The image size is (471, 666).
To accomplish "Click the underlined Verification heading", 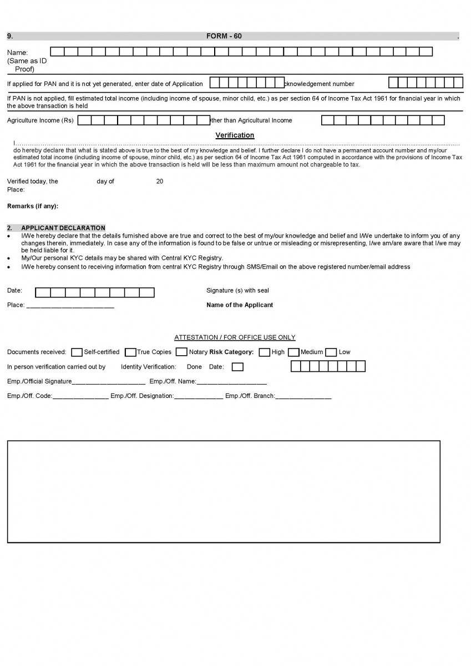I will click(x=235, y=135).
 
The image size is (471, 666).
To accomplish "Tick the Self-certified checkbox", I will click(x=77, y=352).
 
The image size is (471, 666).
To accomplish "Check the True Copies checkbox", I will click(x=130, y=352).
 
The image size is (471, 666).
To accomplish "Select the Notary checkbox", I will click(x=181, y=352).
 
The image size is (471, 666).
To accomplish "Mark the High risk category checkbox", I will click(x=265, y=352).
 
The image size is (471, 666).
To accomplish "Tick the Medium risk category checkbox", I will click(x=293, y=352).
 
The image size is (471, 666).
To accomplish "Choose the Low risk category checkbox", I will click(x=331, y=352).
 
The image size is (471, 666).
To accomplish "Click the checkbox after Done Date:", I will click(x=237, y=367).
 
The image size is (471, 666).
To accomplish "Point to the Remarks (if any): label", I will click(x=33, y=206).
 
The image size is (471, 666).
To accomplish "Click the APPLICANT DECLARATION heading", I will click(x=63, y=228).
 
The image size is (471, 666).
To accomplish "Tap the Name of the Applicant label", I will click(x=240, y=305).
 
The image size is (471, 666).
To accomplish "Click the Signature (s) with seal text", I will click(x=237, y=291).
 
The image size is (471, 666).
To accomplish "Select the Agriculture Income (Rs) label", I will click(x=40, y=120).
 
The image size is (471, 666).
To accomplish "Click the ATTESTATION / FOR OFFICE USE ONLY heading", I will click(x=235, y=337).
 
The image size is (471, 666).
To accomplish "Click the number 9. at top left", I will click(x=10, y=36).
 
